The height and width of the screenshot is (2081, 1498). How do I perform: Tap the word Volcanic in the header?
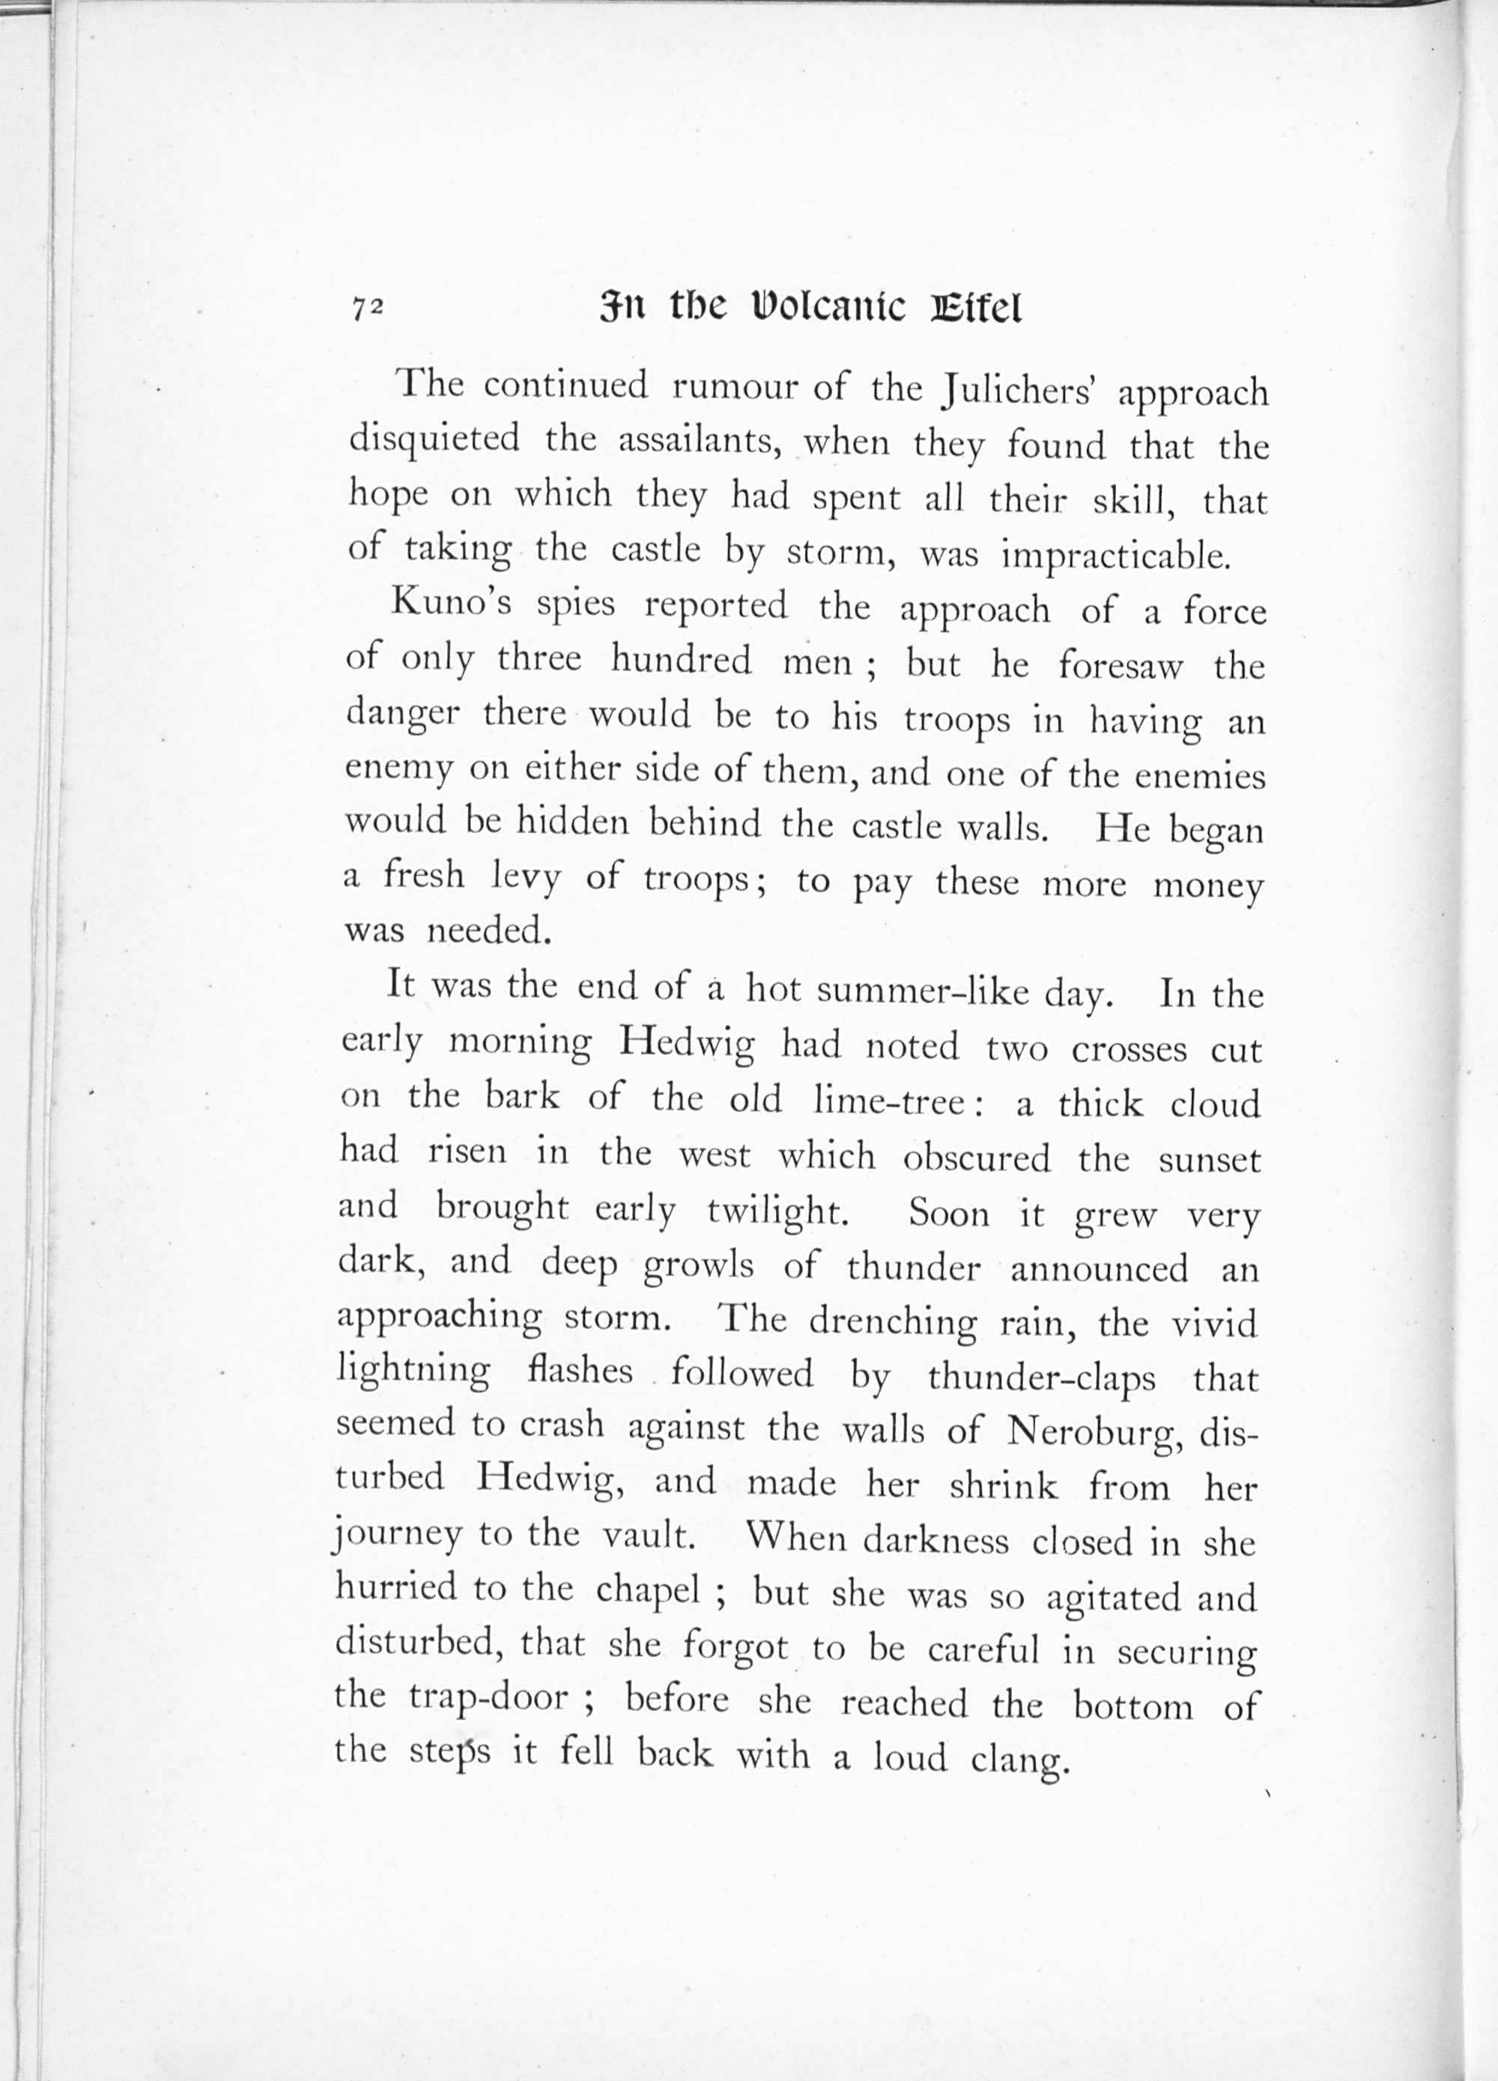coord(828,309)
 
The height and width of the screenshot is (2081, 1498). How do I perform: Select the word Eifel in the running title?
coord(975,309)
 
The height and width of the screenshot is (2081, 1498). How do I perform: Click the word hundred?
coord(681,660)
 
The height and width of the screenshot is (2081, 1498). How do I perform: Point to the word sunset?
coord(1210,1160)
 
